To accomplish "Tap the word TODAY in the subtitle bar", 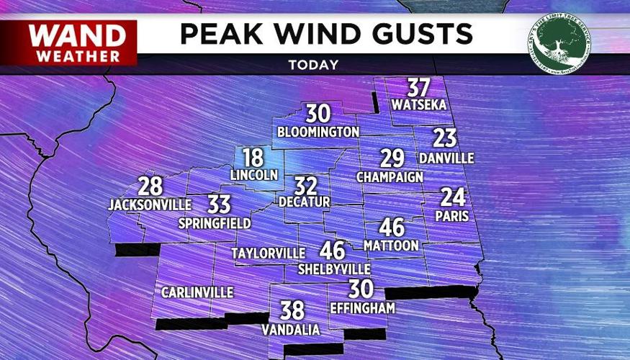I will (x=313, y=65).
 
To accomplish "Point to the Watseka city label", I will (x=418, y=104).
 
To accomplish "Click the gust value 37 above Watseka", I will (x=418, y=88).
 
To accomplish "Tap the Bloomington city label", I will (x=318, y=132).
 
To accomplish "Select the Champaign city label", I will (x=390, y=176).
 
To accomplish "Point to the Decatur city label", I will (x=304, y=202).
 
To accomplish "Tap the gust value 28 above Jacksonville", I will (x=150, y=186).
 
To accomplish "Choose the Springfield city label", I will (x=215, y=223).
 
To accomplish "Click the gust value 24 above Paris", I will (x=453, y=197).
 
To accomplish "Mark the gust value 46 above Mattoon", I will (x=392, y=228).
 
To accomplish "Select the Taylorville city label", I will (x=268, y=253).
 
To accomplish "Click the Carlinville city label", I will (x=197, y=292).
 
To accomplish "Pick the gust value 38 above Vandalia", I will (x=292, y=310).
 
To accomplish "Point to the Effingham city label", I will (x=363, y=307).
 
